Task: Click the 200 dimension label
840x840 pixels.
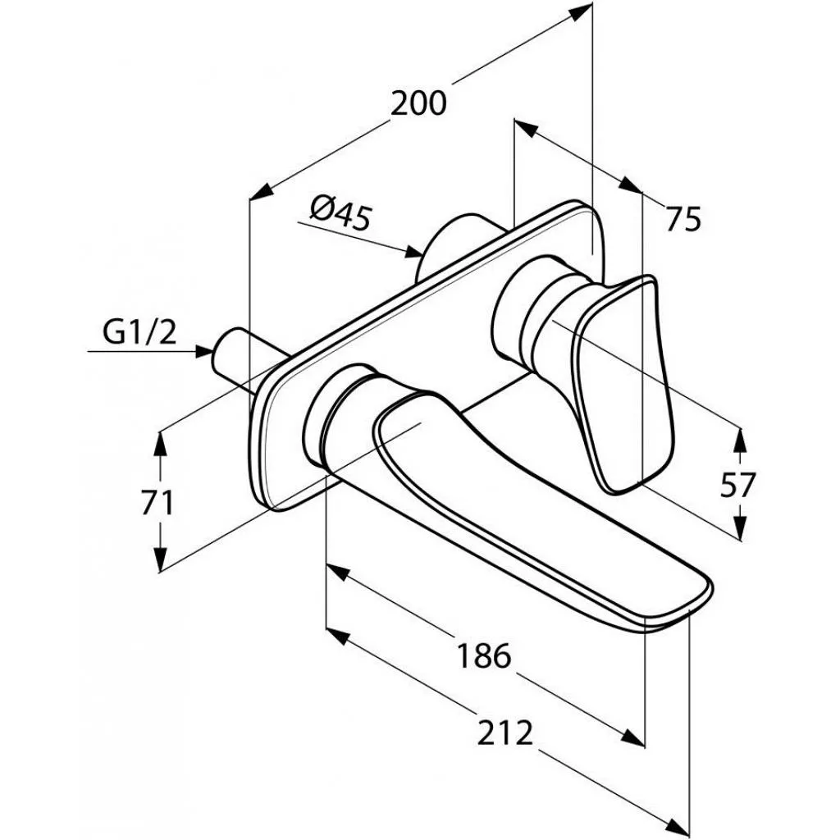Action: pyautogui.click(x=418, y=103)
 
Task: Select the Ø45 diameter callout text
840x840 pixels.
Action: pyautogui.click(x=340, y=213)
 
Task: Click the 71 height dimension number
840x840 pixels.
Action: pyautogui.click(x=157, y=504)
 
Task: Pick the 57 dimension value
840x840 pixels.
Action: pyautogui.click(x=737, y=484)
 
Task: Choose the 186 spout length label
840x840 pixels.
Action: pyautogui.click(x=484, y=655)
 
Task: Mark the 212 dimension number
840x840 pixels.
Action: pyautogui.click(x=505, y=733)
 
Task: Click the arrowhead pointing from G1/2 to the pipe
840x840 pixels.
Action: pyautogui.click(x=203, y=351)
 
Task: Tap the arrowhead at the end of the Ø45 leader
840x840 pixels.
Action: pyautogui.click(x=413, y=252)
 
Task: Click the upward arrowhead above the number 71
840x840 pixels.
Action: pyautogui.click(x=159, y=443)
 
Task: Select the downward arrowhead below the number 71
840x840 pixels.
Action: pyautogui.click(x=159, y=559)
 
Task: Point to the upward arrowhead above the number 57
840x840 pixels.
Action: pyautogui.click(x=740, y=441)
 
